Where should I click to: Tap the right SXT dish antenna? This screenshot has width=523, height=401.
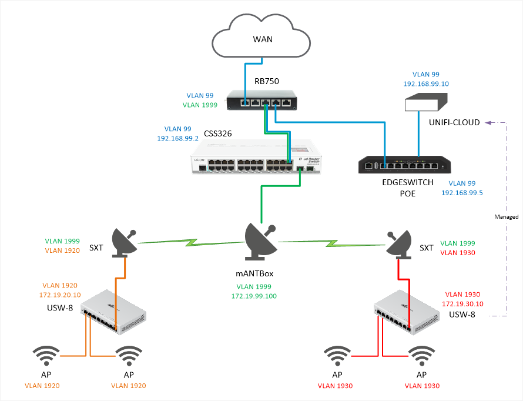tap(401, 242)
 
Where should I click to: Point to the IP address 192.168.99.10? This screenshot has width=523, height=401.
tap(426, 84)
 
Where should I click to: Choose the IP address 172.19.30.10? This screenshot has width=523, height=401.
tap(462, 304)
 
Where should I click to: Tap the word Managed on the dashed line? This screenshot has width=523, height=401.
tap(507, 217)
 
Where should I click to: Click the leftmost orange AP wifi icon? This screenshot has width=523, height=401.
tap(46, 356)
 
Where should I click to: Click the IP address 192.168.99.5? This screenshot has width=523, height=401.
tap(461, 193)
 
